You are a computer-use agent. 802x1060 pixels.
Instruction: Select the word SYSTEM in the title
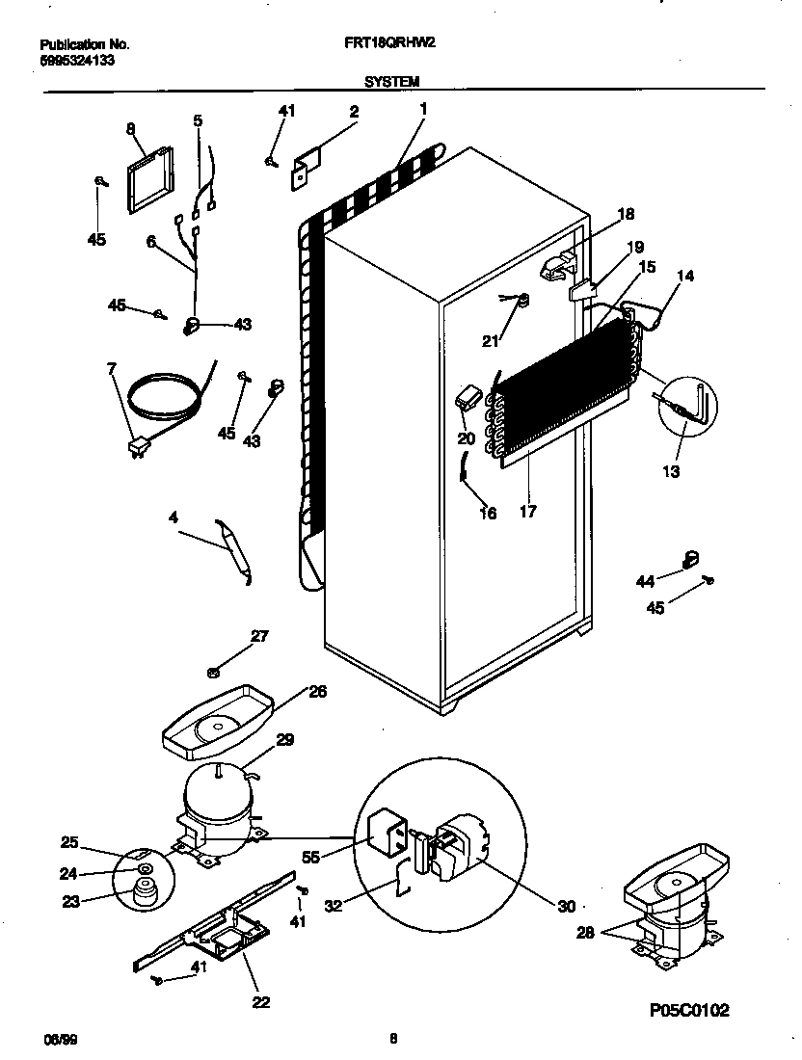click(x=391, y=81)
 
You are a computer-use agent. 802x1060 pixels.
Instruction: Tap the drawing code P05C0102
click(x=688, y=1011)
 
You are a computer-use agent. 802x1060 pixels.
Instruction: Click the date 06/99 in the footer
click(x=57, y=1039)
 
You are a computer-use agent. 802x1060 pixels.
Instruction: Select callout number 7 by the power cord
click(x=112, y=367)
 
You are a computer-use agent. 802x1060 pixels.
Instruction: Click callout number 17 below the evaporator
click(x=527, y=512)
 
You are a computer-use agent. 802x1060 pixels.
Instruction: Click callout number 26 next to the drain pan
click(x=316, y=690)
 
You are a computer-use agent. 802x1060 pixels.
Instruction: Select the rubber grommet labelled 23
click(x=144, y=895)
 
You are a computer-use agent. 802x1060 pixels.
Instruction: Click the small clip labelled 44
click(x=690, y=558)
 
